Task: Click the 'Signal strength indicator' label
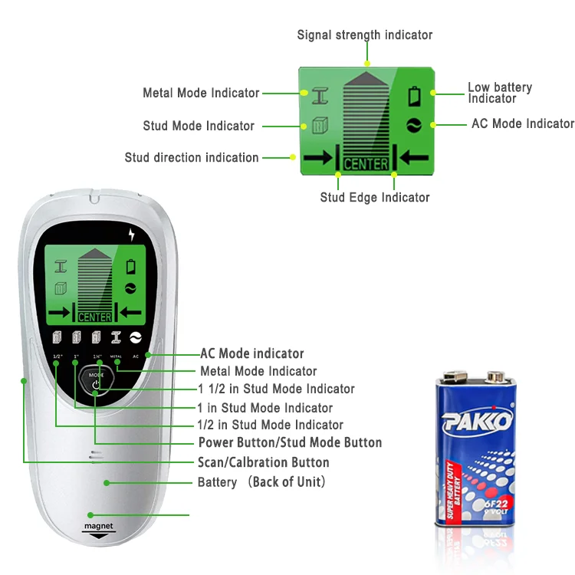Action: [x=365, y=34]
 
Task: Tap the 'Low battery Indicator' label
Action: [x=500, y=93]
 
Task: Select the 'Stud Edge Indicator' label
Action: [x=375, y=197]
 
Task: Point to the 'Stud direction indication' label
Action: [x=192, y=157]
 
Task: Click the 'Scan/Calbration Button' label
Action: [x=264, y=462]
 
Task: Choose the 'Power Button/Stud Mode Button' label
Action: [x=290, y=442]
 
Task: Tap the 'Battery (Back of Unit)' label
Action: [x=262, y=482]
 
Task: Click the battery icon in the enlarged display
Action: [x=415, y=97]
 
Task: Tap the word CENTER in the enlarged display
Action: [x=366, y=164]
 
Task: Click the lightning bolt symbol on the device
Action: [x=132, y=235]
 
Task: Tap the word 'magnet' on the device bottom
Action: [x=98, y=527]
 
